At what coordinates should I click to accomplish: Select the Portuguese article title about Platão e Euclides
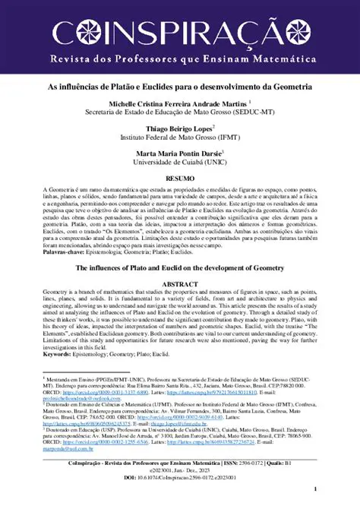[179, 87]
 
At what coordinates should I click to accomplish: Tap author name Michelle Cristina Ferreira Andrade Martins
[176, 103]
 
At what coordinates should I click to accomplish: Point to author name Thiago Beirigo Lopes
[179, 128]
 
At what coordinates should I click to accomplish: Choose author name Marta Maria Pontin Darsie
[179, 153]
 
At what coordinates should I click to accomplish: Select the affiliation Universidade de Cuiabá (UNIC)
[179, 162]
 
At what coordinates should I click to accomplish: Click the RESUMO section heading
[180, 177]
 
